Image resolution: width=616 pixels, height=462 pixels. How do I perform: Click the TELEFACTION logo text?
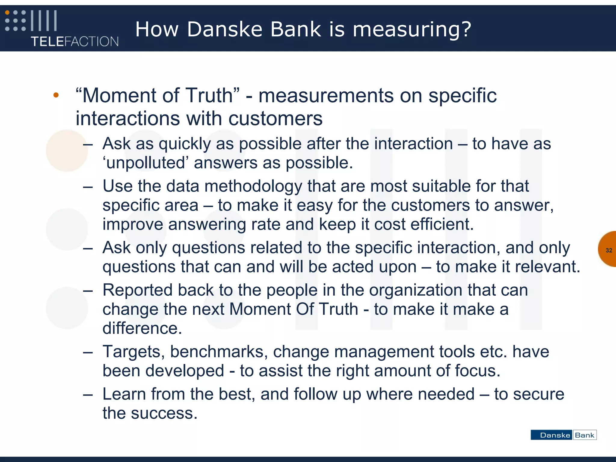75,41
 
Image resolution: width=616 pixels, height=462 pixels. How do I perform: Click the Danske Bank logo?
563,435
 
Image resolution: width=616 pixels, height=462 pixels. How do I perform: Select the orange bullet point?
56,95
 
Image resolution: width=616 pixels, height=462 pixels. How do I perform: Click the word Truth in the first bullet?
209,96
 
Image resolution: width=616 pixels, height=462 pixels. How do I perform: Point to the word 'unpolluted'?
145,163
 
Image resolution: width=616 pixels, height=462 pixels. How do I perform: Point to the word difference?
142,328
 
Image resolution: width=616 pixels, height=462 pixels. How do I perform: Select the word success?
164,413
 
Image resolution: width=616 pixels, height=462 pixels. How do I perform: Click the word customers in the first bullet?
275,119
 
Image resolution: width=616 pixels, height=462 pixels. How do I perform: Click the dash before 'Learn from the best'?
88,394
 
